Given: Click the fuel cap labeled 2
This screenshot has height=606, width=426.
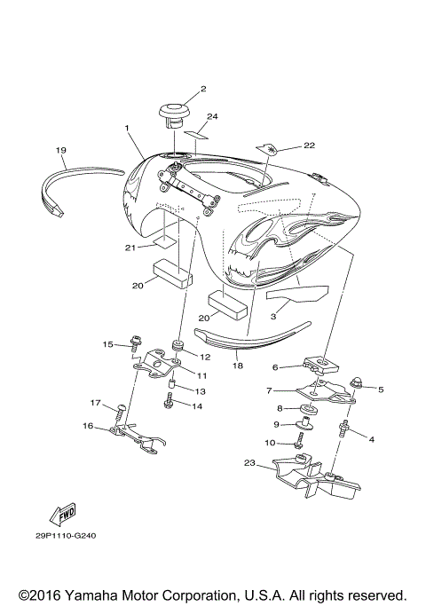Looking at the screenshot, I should coord(176,112).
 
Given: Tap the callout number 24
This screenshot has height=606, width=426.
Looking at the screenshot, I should coord(212,116).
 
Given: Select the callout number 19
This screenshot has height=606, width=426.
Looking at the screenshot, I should coord(61,150).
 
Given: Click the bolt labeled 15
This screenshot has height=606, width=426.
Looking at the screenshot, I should coord(137,342).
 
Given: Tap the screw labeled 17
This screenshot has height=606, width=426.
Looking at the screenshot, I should coord(121,409).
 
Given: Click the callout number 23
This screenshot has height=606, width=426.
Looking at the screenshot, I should coord(250,461).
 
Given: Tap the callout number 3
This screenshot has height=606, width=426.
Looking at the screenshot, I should coord(273,315).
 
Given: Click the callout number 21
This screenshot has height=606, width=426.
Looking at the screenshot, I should coord(128,248).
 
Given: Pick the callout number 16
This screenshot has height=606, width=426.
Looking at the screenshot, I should coord(89,426).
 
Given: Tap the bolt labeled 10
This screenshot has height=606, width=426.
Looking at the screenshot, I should coord(298,441).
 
